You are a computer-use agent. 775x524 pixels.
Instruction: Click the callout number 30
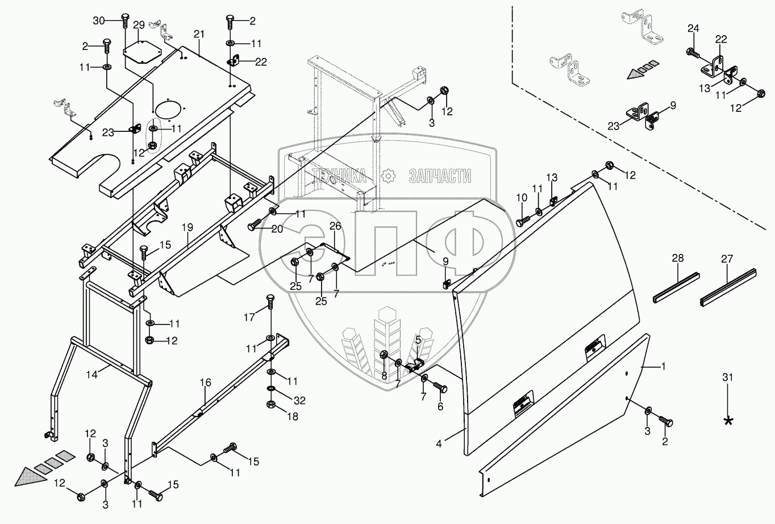point(99,21)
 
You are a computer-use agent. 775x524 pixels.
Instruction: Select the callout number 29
point(139,26)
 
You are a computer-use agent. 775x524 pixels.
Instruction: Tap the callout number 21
point(198,35)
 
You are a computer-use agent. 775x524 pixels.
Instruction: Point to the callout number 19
point(188,227)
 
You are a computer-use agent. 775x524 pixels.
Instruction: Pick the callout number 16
point(205,385)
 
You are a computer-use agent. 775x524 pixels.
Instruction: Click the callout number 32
point(299,401)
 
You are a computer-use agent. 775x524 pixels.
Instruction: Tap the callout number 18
point(292,417)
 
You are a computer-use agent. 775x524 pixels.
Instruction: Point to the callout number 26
point(335,226)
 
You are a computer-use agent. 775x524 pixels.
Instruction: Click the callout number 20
point(277,228)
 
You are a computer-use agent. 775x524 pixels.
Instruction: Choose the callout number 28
point(678,258)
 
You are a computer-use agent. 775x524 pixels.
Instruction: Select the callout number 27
point(727,258)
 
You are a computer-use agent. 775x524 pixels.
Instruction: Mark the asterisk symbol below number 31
point(728,421)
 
